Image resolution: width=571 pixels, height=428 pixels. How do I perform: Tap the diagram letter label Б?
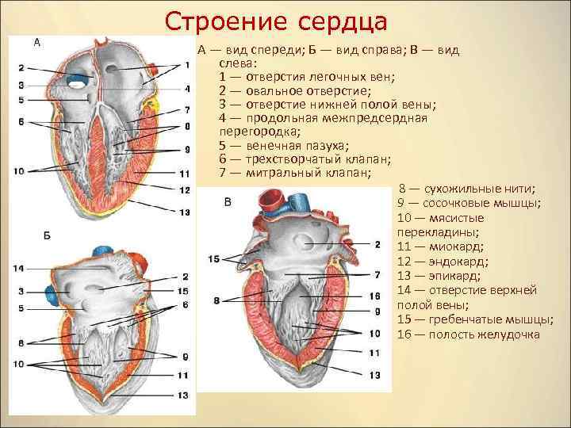click(48, 236)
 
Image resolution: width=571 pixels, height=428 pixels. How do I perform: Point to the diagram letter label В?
click(228, 203)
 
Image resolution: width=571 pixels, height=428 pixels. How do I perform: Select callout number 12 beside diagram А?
click(184, 189)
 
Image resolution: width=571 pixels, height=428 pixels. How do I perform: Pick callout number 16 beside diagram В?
click(376, 295)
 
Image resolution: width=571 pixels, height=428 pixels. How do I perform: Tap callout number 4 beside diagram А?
click(187, 88)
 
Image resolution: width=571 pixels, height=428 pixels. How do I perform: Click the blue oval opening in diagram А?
click(78, 79)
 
